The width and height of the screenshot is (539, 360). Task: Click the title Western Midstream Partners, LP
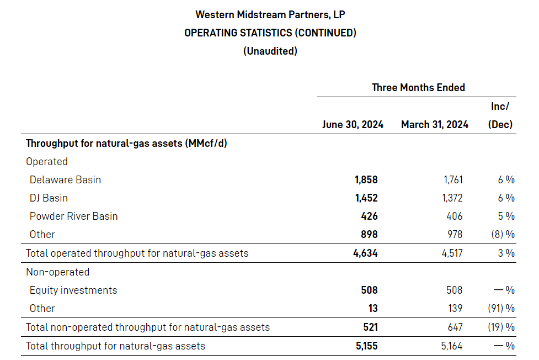[270, 14]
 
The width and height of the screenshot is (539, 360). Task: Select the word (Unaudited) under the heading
[270, 51]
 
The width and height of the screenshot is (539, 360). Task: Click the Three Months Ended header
[418, 87]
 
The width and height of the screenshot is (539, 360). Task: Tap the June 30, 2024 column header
[353, 124]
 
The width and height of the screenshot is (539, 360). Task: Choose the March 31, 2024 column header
[434, 124]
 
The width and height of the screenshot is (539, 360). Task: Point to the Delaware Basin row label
[65, 179]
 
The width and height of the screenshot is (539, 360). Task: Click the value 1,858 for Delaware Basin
[366, 179]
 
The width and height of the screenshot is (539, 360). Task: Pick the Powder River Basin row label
[73, 216]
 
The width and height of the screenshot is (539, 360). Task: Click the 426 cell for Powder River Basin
[369, 216]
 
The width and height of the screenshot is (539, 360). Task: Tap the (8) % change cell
[503, 234]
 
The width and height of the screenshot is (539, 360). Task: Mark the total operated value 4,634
[366, 253]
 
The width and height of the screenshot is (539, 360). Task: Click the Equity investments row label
[73, 290]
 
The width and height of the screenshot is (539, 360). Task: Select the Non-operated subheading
[57, 272]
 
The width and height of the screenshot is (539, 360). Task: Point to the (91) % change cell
[501, 308]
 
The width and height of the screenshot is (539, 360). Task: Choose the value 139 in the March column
[455, 308]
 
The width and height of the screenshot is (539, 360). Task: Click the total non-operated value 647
[455, 327]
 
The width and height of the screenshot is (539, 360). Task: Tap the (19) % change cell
[501, 327]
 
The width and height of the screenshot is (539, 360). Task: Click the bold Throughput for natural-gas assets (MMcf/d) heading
[126, 144]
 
